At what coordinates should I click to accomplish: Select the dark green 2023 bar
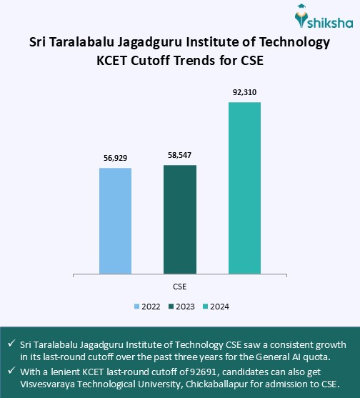pyautogui.click(x=180, y=219)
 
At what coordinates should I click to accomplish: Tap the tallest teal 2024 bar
pyautogui.click(x=244, y=187)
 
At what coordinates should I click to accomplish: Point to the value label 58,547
pyautogui.click(x=180, y=154)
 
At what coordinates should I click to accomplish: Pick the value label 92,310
pyautogui.click(x=244, y=91)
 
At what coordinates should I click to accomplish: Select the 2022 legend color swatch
pyautogui.click(x=137, y=307)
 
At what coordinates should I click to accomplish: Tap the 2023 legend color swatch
pyautogui.click(x=171, y=307)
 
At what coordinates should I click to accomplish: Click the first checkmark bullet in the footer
pyautogui.click(x=11, y=344)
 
